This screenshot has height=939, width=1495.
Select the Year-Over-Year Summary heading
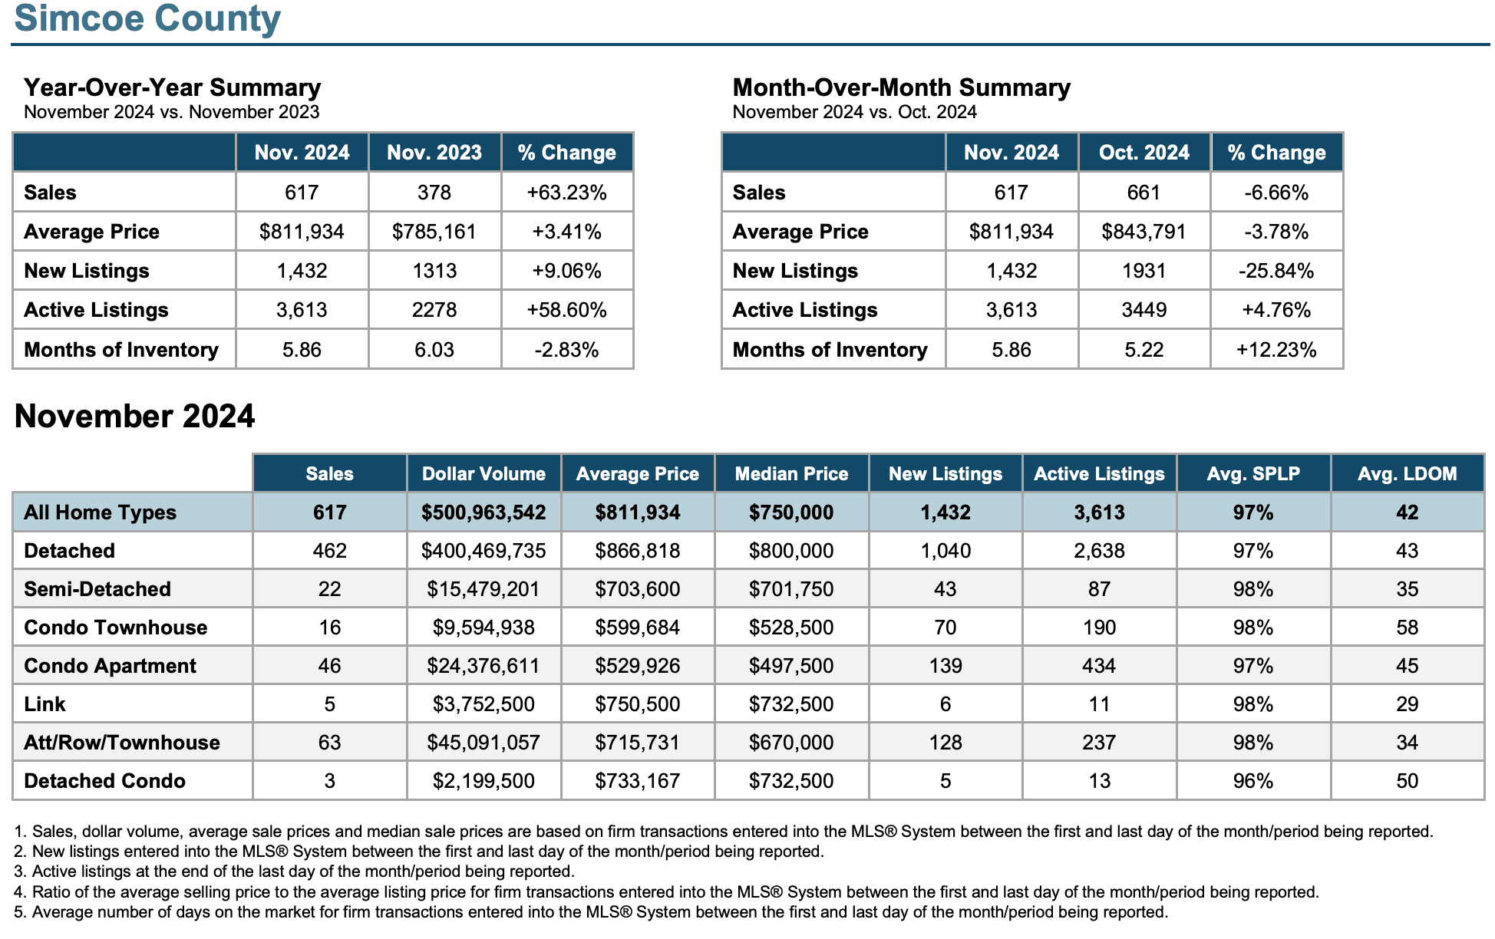pos(172,87)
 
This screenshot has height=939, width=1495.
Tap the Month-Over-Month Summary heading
pos(901,87)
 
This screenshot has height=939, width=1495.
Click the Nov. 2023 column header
pos(434,153)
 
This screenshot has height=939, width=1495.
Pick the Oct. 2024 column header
pos(1144,153)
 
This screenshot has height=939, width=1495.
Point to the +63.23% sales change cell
pos(567,193)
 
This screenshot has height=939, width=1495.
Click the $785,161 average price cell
pos(434,232)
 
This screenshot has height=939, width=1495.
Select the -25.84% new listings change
pos(1276,271)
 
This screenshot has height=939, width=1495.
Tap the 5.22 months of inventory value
pos(1144,350)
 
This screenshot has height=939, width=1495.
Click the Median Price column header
pos(791,473)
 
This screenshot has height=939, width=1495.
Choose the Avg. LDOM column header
pos(1407,473)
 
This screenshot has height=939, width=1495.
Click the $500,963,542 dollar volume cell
pos(483,512)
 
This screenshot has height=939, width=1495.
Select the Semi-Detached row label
pos(97,589)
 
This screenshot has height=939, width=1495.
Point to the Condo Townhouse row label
pos(116,628)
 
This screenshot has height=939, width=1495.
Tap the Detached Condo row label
pos(105,781)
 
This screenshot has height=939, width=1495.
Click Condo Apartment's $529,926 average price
pos(638,666)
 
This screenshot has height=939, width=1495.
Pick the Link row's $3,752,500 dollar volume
pos(483,704)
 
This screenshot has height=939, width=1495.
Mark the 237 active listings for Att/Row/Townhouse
pos(1099,743)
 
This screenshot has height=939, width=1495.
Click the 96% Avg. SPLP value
pos(1253,781)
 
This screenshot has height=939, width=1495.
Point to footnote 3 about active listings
pos(295,871)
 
